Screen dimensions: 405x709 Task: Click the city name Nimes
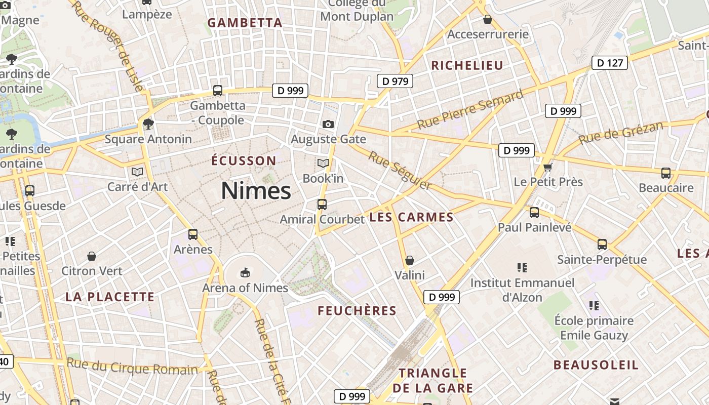click(256, 191)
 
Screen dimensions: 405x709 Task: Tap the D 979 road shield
click(395, 81)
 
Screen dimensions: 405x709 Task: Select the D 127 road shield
click(610, 63)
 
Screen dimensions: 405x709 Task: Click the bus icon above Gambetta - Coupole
click(218, 91)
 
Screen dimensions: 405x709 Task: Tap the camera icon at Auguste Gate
click(328, 124)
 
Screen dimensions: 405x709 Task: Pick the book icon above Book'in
click(323, 164)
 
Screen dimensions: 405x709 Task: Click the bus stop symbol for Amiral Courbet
click(322, 205)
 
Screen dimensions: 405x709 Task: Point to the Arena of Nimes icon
click(245, 273)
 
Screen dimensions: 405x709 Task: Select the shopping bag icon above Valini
click(410, 260)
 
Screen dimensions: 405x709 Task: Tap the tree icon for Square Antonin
click(148, 124)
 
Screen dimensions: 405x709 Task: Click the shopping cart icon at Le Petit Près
click(547, 167)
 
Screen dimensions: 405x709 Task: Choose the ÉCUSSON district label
click(244, 161)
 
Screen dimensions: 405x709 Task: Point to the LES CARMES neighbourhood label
click(411, 217)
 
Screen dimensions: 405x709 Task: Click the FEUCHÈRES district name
click(357, 311)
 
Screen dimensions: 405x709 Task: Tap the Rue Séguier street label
click(400, 171)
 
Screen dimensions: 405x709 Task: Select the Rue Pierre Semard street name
click(470, 110)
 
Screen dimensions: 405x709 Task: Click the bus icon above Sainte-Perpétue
click(602, 245)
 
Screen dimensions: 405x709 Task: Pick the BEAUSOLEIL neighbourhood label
click(596, 365)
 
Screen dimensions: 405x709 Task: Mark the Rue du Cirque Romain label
click(132, 367)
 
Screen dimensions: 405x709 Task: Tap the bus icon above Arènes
click(193, 234)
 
